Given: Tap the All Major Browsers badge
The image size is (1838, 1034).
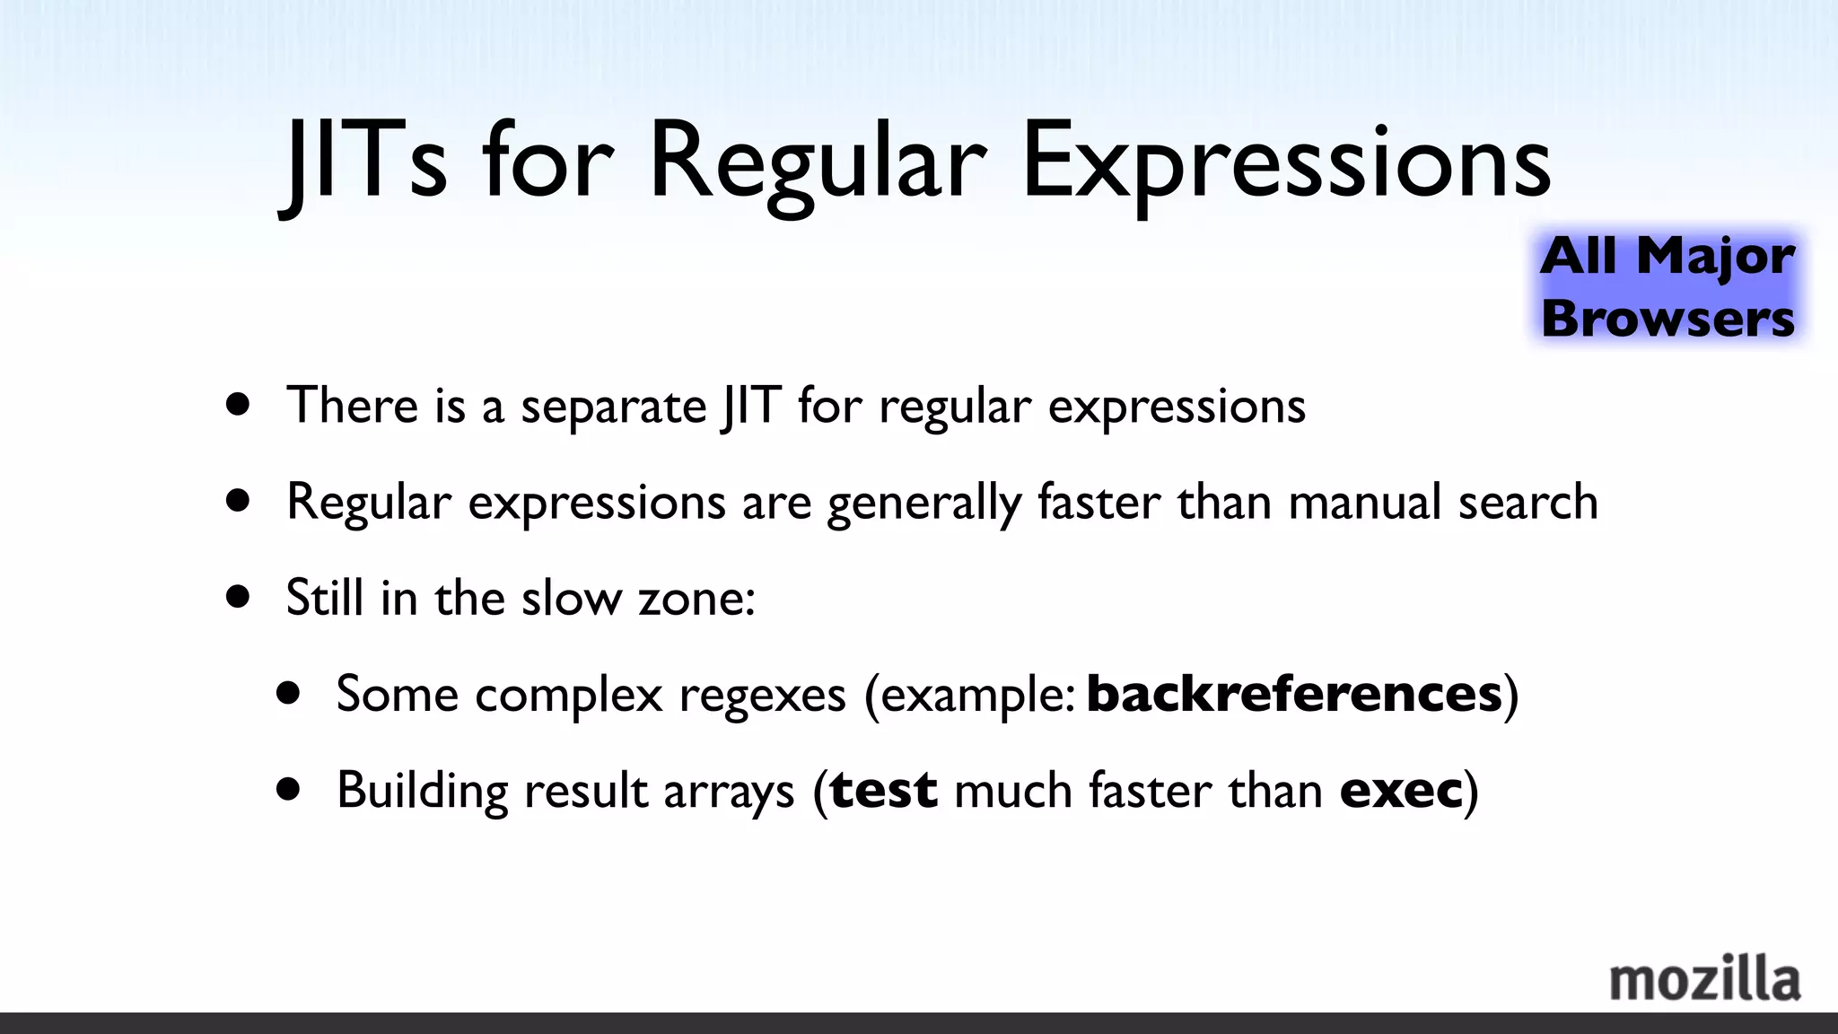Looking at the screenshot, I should (1667, 286).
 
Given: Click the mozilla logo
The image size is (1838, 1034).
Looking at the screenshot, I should (1704, 980).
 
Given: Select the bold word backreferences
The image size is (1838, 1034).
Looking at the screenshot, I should (1293, 694).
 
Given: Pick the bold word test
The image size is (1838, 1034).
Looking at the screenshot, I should (883, 791).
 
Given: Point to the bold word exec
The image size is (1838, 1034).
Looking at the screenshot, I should (1400, 791).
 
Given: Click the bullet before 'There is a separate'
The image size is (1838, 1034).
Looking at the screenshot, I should (238, 404).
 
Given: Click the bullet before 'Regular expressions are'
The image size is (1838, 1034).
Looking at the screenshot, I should (238, 500).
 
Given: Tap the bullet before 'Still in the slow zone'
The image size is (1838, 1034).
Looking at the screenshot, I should (238, 597).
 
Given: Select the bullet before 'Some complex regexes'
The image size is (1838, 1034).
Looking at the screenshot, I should (288, 693).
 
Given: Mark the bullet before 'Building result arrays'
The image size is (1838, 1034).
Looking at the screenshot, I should (288, 790).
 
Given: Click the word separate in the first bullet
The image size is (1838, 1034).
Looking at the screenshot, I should (614, 407).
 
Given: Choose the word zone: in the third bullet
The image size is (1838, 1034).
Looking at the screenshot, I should (696, 599).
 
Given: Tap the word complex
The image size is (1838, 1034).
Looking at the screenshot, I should (568, 696).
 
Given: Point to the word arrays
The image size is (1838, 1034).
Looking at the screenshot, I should (728, 793).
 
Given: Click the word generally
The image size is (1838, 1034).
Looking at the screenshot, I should (923, 504).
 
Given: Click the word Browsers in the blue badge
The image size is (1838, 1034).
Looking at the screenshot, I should (1667, 319).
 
